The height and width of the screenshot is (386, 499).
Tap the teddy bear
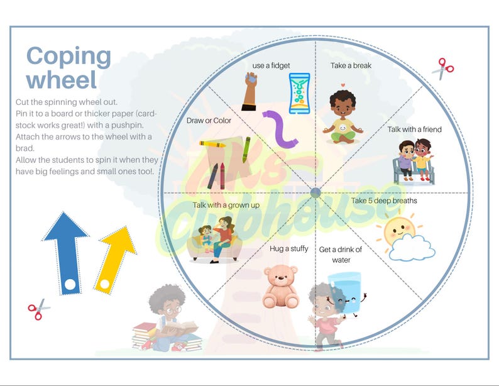click(x=280, y=286)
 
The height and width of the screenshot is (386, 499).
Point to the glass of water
click(x=344, y=292)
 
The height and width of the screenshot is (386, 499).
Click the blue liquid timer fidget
click(x=299, y=93)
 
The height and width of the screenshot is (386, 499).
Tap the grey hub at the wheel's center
click(x=316, y=192)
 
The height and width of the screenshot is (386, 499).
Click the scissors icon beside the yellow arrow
click(x=38, y=309)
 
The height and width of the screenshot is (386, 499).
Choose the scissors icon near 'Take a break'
click(x=443, y=69)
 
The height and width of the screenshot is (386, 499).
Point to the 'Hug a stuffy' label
click(x=288, y=249)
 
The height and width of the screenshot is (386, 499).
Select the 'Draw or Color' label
click(x=209, y=121)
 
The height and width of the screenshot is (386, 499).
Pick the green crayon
click(x=246, y=150)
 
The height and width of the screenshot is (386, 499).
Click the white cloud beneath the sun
click(x=412, y=248)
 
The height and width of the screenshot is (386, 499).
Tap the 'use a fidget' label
click(x=271, y=65)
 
